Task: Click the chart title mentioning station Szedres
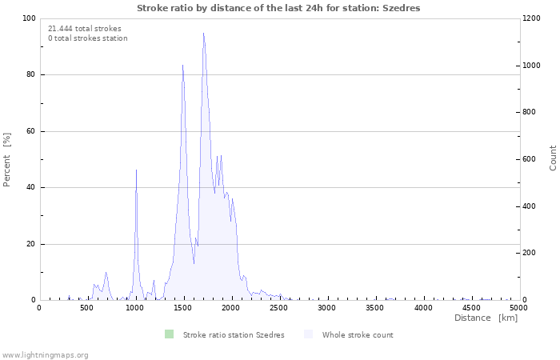tap(278, 8)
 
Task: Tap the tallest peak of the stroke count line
tap(204, 34)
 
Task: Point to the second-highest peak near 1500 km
tap(183, 66)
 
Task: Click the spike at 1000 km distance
tap(136, 170)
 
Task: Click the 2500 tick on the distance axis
tap(279, 307)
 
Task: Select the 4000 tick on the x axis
tap(422, 307)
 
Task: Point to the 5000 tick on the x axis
tap(518, 307)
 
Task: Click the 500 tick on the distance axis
tap(87, 307)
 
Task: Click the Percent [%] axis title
tap(7, 159)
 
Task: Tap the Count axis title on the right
tap(553, 158)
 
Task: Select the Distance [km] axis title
tap(486, 318)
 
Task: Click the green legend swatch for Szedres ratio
tap(168, 334)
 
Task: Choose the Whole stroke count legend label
tap(358, 335)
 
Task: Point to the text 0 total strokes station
tap(88, 38)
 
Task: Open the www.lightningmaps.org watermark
tap(45, 354)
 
